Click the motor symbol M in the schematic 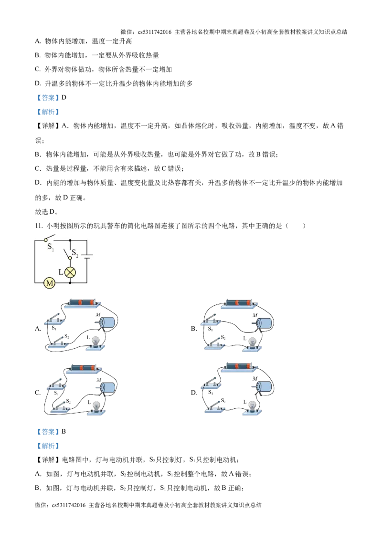pos(50,283)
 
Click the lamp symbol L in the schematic pos(70,272)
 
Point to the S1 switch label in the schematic pos(50,247)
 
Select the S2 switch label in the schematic pos(75,254)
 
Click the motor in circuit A pos(106,322)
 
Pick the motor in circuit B pos(263,324)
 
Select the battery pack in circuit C pos(84,369)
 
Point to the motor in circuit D pos(264,387)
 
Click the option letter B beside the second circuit pos(194,329)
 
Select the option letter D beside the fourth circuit pos(194,392)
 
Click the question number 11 pos(39,226)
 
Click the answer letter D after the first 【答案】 pos(64,97)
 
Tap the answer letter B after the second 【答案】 pos(64,432)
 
